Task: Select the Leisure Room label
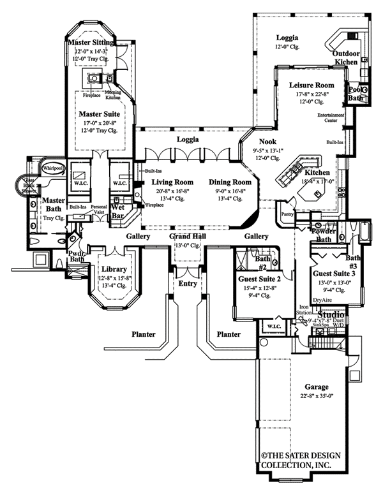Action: [x=312, y=85]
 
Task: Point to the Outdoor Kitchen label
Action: [x=345, y=58]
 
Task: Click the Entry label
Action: [x=188, y=283]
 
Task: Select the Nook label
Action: [x=267, y=143]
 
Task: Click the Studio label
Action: [x=331, y=314]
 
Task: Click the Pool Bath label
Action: [x=355, y=94]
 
